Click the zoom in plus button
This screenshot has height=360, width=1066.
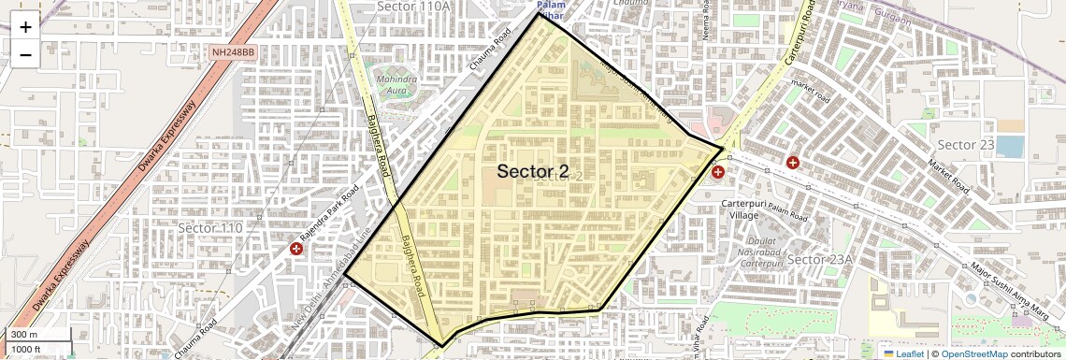pyautogui.click(x=25, y=27)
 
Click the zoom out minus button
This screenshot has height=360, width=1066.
pyautogui.click(x=25, y=54)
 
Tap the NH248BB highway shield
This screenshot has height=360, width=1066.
pyautogui.click(x=233, y=52)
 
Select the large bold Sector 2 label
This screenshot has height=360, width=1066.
pyautogui.click(x=532, y=171)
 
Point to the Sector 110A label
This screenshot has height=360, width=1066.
pyautogui.click(x=413, y=7)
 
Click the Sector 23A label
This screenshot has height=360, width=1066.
pyautogui.click(x=820, y=259)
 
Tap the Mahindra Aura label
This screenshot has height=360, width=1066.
pyautogui.click(x=396, y=86)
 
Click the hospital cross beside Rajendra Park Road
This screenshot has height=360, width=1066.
pyautogui.click(x=296, y=249)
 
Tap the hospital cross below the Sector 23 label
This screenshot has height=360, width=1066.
pyautogui.click(x=793, y=163)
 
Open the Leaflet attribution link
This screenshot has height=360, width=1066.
pyautogui.click(x=903, y=353)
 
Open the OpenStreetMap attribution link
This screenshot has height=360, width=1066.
pyautogui.click(x=973, y=353)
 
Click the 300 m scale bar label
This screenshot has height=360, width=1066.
pyautogui.click(x=24, y=335)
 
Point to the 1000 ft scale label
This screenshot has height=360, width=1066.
pyautogui.click(x=26, y=349)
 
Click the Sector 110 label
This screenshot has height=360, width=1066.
pyautogui.click(x=209, y=228)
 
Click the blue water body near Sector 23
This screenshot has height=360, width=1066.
pyautogui.click(x=1009, y=147)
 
